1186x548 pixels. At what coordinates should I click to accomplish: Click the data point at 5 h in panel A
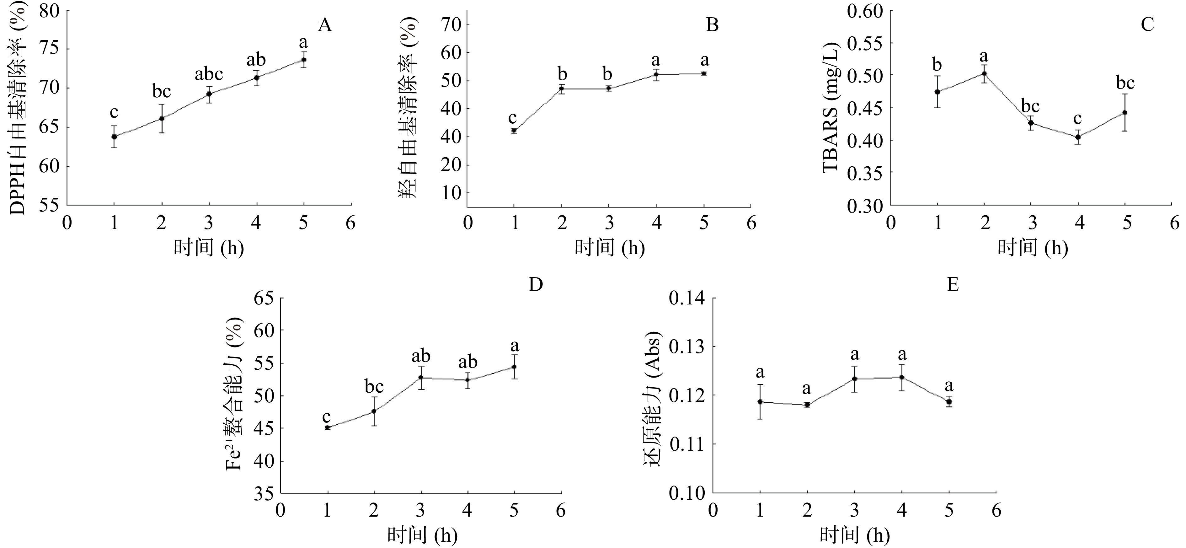tap(304, 59)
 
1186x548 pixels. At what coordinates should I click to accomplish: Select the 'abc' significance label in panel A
tap(209, 74)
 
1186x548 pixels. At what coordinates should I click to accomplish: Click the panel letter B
tap(712, 25)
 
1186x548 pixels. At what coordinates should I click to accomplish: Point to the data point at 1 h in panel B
tap(514, 130)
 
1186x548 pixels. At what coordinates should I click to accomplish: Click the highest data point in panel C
tap(984, 74)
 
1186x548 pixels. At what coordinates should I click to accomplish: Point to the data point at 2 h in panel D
tap(374, 411)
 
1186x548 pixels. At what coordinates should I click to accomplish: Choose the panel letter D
tap(536, 285)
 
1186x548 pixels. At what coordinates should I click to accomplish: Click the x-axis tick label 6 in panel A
tap(351, 223)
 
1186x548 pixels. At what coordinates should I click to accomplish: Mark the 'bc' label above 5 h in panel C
tap(1125, 83)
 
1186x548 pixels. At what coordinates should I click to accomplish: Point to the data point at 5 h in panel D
tap(514, 367)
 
